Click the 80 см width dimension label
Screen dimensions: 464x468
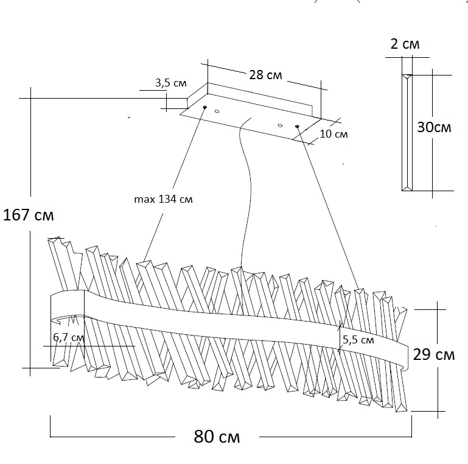[217, 437]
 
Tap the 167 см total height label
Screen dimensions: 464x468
[28, 216]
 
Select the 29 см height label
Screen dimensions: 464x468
[433, 354]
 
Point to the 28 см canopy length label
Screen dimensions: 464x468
[265, 75]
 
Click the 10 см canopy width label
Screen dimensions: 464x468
[333, 134]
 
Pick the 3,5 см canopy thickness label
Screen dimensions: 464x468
[171, 83]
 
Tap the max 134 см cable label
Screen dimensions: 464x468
[162, 199]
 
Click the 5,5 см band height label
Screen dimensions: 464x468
[358, 340]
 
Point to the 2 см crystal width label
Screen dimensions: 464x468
[404, 44]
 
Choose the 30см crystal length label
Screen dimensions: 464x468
[434, 127]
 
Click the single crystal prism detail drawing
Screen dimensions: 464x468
[407, 131]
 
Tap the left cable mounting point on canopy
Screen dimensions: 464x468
[204, 108]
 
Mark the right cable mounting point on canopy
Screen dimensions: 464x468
[297, 127]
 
